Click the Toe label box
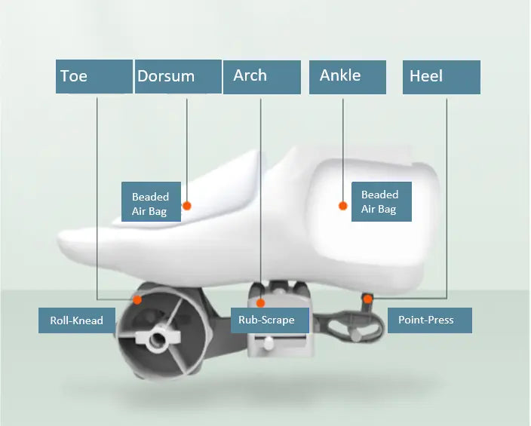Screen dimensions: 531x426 click(94, 77)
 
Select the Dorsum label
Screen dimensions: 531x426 click(179, 77)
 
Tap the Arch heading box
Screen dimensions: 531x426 click(262, 77)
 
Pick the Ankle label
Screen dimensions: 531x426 click(348, 77)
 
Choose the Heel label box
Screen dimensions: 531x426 click(441, 77)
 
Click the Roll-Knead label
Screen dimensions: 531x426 click(77, 320)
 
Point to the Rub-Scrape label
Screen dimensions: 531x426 click(270, 320)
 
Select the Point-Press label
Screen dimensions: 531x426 click(430, 320)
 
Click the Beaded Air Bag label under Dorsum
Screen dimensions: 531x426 click(151, 202)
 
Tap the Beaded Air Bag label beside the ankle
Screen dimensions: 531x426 click(382, 202)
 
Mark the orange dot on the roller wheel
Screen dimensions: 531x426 click(137, 299)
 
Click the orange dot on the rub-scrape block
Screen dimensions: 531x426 click(260, 303)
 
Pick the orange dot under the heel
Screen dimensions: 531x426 click(368, 299)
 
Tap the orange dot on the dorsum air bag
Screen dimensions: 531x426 click(186, 206)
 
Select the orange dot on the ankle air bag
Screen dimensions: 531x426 click(343, 206)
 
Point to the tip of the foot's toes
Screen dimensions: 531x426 click(58, 240)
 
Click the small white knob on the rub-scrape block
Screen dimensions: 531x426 click(269, 343)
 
